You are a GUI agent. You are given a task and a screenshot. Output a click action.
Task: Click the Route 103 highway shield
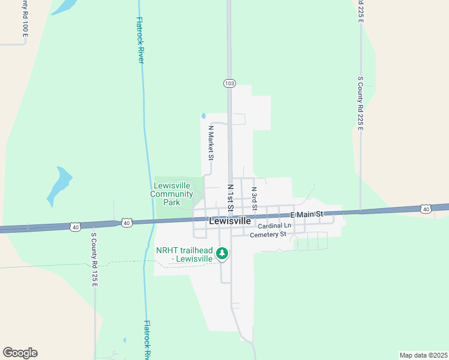coord(229,83)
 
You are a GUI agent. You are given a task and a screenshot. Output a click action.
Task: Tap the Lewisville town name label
coord(230,221)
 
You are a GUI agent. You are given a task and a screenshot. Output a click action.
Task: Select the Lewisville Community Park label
coord(172,194)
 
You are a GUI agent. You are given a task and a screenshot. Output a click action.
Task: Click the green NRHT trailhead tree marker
coord(222,254)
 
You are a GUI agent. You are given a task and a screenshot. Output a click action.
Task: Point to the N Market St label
coord(211,143)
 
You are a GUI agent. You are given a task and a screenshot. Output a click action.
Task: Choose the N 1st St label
coord(230,197)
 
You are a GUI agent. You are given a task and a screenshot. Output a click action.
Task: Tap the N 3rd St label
coord(255,198)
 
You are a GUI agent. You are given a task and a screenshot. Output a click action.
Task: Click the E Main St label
coord(307,214)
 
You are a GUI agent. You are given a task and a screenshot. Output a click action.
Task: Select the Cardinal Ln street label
coord(274,226)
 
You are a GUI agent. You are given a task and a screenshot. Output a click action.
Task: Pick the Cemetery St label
coord(267,234)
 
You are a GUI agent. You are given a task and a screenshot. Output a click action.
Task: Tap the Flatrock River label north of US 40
coord(140,40)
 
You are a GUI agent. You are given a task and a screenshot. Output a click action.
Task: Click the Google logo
coord(20,353)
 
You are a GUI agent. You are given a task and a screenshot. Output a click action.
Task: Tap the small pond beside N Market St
coord(203,116)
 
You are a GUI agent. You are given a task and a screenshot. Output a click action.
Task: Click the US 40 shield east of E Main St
coord(426,209)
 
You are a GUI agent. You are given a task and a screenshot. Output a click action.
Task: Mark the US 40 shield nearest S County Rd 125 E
coord(75,226)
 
